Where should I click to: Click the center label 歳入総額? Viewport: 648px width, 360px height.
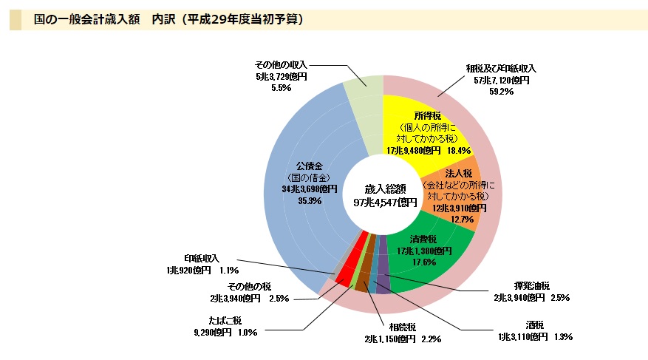(x=385, y=189)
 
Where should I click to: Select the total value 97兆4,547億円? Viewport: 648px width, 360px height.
(x=385, y=203)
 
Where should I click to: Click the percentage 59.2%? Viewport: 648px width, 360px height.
(x=502, y=92)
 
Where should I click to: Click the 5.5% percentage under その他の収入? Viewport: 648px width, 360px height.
(x=281, y=87)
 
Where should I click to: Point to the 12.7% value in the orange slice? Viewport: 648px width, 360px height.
(x=462, y=220)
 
